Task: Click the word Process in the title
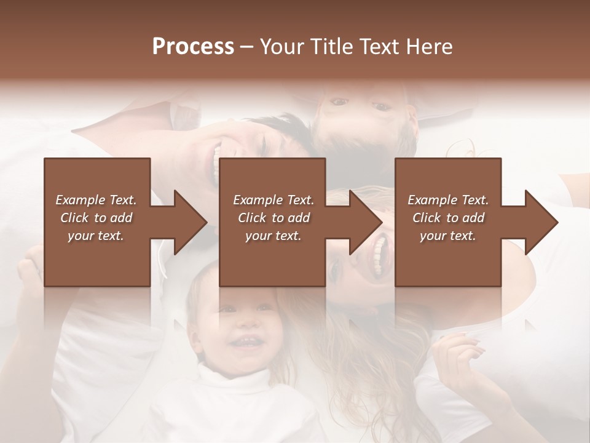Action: point(193,47)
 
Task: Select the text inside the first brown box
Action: point(96,218)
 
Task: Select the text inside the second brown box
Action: point(273,218)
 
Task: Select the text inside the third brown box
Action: point(447,218)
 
